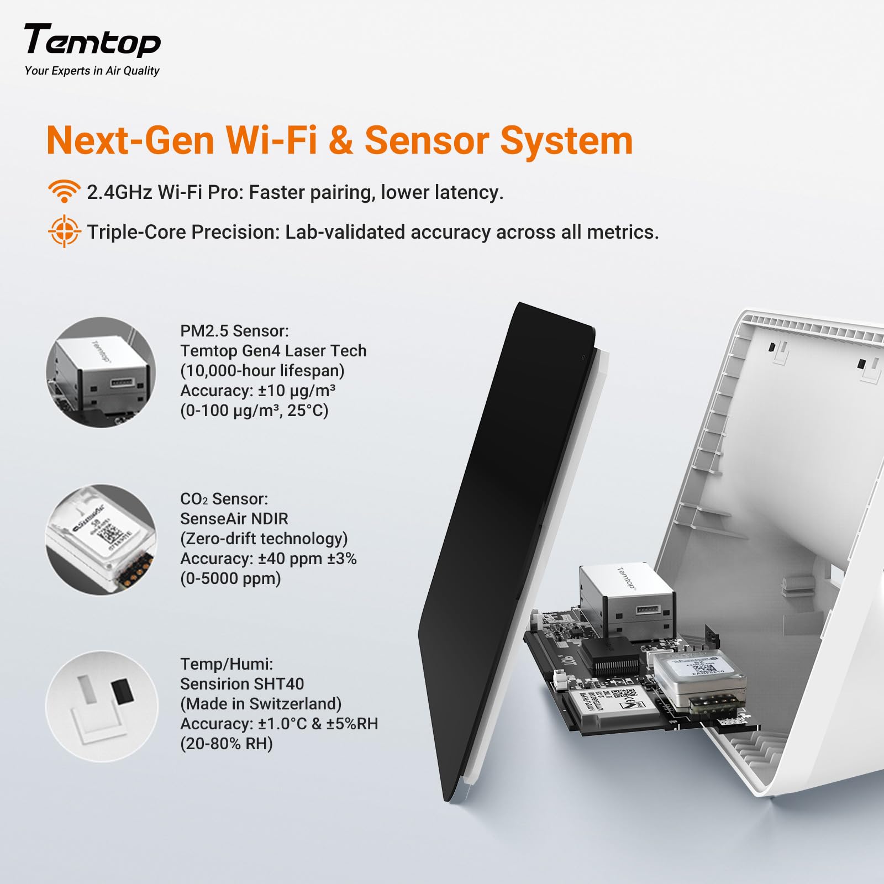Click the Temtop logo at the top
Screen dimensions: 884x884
coord(92,40)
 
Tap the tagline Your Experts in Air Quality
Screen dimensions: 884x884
coord(92,71)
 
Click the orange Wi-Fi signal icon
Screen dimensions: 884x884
coord(64,191)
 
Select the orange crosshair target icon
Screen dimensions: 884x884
coord(64,231)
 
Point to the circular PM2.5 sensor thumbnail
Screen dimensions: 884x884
coord(101,372)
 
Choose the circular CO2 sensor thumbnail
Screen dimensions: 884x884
coord(101,540)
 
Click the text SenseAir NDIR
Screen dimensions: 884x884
coord(234,519)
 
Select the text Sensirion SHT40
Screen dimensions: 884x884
coord(242,684)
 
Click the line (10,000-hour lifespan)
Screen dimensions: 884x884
coord(262,371)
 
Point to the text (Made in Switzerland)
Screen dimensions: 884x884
coord(261,704)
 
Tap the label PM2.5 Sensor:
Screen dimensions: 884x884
coord(234,331)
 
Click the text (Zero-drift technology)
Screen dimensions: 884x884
coord(264,539)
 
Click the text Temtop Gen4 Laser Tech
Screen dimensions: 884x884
coord(273,351)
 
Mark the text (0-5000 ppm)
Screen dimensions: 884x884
coord(230,578)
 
